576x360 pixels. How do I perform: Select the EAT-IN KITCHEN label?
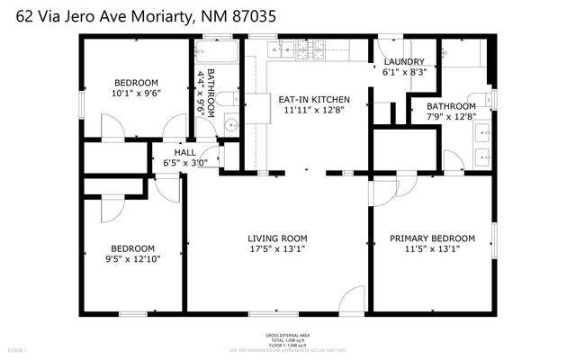tap(313, 99)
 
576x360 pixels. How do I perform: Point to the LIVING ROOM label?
tap(277, 238)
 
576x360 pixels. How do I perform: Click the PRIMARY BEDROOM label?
tap(431, 238)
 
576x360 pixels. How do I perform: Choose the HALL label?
tap(184, 152)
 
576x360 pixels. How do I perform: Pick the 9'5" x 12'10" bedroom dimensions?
tap(133, 260)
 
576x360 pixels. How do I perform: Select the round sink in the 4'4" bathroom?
tap(229, 126)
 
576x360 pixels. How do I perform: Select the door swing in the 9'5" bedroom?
tap(114, 208)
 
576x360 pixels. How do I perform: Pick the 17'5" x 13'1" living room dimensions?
tap(277, 249)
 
